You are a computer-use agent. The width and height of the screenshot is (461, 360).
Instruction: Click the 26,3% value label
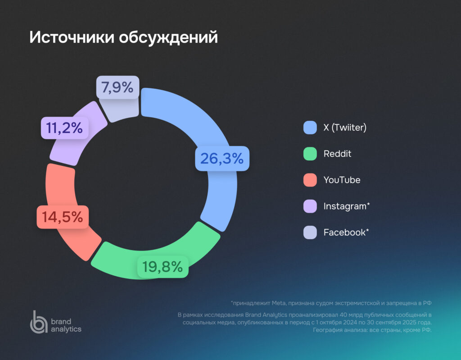tap(222, 158)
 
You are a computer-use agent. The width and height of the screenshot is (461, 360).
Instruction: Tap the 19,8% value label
tap(163, 267)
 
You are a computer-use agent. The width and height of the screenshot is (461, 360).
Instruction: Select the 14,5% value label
tap(63, 217)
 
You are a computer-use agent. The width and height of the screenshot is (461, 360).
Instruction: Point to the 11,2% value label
tap(63, 128)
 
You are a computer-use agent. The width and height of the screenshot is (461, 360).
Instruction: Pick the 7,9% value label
tap(118, 87)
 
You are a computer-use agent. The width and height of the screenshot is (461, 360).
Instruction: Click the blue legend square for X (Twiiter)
tap(310, 128)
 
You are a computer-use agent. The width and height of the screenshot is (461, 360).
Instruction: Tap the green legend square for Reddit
tap(310, 154)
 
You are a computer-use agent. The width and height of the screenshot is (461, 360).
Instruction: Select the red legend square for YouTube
tap(310, 180)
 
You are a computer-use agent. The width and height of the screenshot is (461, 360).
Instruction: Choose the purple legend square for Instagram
tap(310, 206)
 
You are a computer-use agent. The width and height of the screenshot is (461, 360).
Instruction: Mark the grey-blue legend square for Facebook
tap(310, 232)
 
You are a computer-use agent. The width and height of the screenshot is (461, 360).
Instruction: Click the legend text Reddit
tap(337, 154)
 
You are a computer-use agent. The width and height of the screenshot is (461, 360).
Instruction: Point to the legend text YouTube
tap(342, 180)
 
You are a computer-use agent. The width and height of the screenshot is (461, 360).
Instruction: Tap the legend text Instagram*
tap(347, 206)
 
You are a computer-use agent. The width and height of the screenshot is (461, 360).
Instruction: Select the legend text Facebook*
tap(346, 232)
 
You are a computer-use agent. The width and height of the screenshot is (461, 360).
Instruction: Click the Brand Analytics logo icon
tap(38, 322)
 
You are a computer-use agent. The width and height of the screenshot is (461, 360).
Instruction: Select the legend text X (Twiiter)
tap(345, 128)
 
